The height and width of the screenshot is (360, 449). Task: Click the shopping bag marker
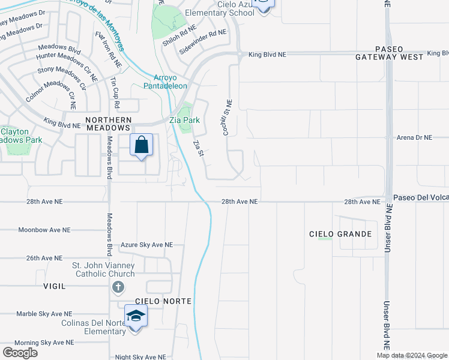pos(141,145)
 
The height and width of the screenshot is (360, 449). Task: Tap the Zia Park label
pos(184,120)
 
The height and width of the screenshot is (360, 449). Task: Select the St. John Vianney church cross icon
pos(118,288)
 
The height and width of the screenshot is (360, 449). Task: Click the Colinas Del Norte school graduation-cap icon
pos(136,316)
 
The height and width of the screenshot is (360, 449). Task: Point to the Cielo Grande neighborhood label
pos(340,234)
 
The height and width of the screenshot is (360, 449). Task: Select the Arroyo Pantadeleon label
pos(165,82)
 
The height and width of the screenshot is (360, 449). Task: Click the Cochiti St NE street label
pos(228,117)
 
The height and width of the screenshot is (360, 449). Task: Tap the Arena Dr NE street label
pos(414,137)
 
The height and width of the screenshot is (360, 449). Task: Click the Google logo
pos(20,352)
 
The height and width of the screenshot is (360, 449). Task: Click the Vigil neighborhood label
pos(55,286)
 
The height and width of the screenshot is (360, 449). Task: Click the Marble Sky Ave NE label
pos(44,314)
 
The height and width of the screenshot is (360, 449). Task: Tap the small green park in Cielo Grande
pos(325,239)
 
